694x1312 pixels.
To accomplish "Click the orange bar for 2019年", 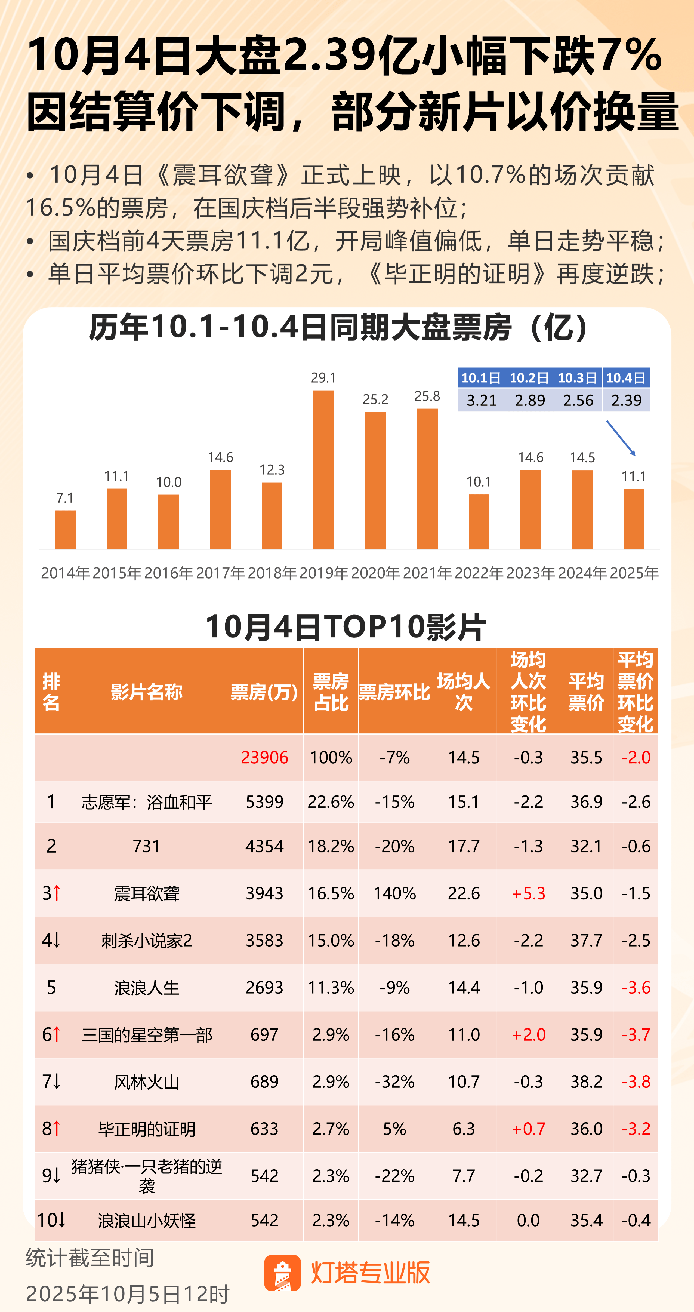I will tap(323, 470).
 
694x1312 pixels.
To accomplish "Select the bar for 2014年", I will tap(65, 530).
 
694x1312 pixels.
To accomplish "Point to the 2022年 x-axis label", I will tap(479, 573).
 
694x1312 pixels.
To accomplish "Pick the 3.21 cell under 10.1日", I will tap(481, 400).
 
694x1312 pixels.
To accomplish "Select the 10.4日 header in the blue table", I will tap(626, 378).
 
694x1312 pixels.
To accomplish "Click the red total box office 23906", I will tap(264, 757).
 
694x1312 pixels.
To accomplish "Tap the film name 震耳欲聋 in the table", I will tap(147, 893).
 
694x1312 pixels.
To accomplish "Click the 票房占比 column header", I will tap(331, 692).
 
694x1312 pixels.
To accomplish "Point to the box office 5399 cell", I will tap(264, 802).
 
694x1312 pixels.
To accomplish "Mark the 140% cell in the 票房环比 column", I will tap(394, 893).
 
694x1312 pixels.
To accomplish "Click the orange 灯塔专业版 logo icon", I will tap(282, 1273).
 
